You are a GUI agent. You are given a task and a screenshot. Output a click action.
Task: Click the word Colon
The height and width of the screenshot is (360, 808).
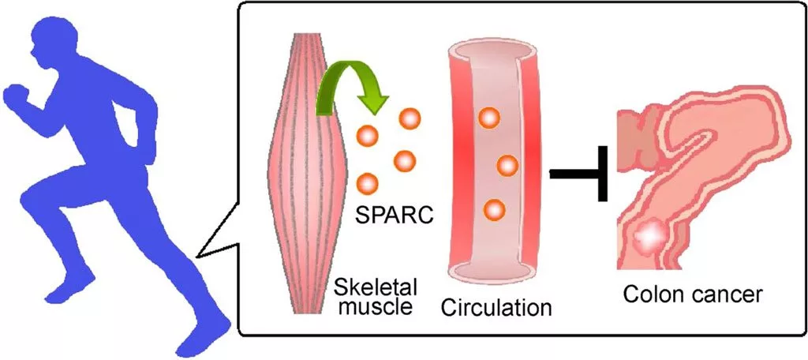coord(655,295)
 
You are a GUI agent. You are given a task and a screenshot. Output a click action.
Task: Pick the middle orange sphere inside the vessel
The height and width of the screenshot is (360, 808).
coord(507,166)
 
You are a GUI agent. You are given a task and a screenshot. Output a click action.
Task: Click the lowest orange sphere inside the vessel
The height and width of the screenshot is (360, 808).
coord(493,210)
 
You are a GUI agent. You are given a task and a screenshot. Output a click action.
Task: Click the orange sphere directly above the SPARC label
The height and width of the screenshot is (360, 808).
coord(368,185)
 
